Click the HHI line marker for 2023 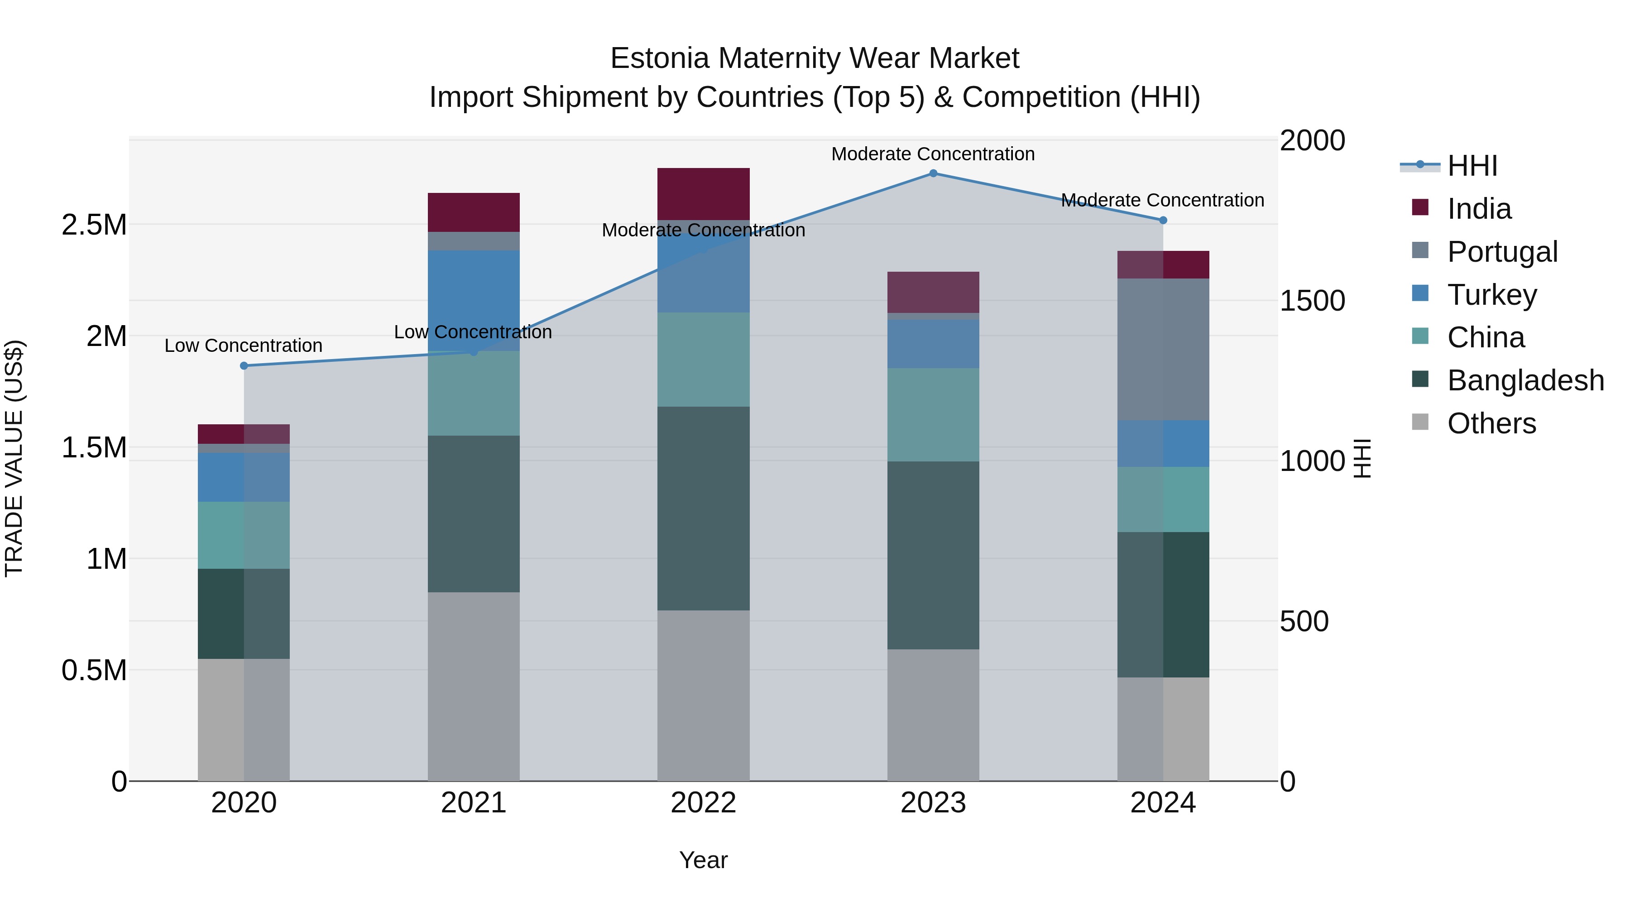[x=933, y=173]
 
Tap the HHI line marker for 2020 [x=244, y=366]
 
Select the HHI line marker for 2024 [x=1163, y=220]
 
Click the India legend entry [x=1479, y=208]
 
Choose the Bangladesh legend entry [x=1525, y=380]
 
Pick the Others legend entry [x=1491, y=423]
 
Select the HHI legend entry [x=1472, y=166]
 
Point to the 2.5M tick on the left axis [x=94, y=225]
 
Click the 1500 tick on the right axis [x=1312, y=301]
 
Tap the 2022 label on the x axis [x=703, y=803]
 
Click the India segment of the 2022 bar [x=703, y=194]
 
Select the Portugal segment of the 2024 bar [x=1163, y=349]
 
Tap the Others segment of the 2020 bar [x=244, y=720]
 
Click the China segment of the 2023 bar [x=933, y=414]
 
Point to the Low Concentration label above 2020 [x=244, y=346]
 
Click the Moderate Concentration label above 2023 [x=933, y=154]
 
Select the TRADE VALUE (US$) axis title [x=14, y=458]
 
